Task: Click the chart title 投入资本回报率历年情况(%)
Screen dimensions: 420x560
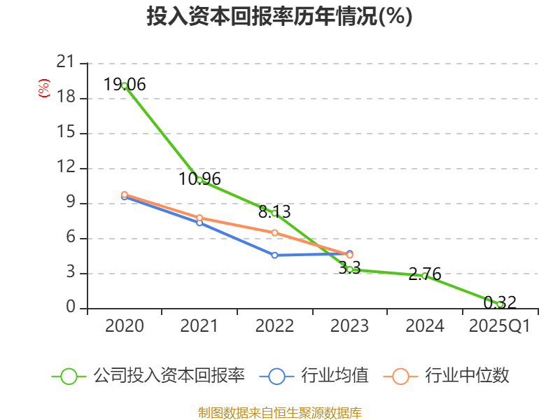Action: coord(279,17)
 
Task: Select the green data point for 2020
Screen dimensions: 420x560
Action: coord(124,85)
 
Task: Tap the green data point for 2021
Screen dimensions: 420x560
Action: coord(199,180)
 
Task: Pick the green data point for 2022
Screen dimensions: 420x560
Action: coord(274,213)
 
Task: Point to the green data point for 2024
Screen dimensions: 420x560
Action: coord(425,276)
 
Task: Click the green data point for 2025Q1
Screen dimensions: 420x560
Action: coord(500,304)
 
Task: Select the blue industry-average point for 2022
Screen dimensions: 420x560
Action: coord(274,255)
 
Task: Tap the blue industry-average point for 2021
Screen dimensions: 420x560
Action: coord(199,223)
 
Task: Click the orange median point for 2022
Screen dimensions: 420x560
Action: coord(274,232)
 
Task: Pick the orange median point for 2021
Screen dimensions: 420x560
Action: coord(199,218)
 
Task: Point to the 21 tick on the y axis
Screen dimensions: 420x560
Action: coord(65,63)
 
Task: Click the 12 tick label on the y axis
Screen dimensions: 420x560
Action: coord(65,168)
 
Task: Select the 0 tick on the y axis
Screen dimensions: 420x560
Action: coord(70,308)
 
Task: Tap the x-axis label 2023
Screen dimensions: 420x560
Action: coord(349,326)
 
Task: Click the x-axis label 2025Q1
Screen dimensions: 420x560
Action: coord(500,326)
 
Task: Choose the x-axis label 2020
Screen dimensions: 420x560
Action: coord(124,326)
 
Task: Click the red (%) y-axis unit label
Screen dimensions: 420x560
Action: coord(44,89)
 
